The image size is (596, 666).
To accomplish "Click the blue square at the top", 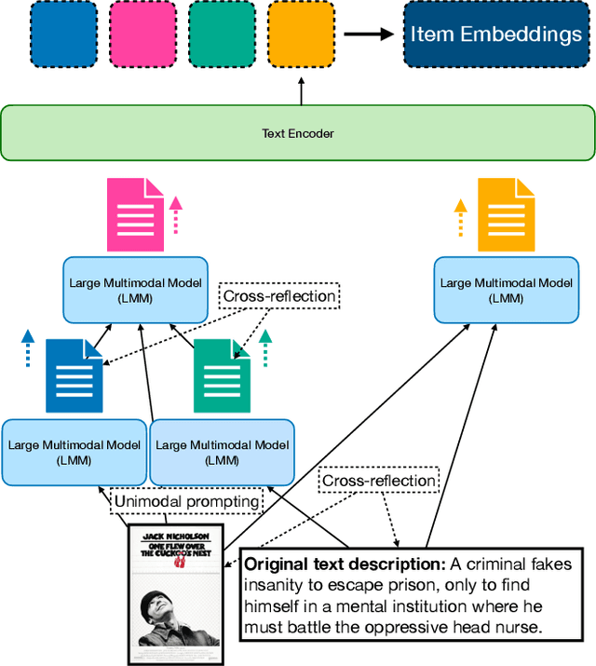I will tap(63, 34).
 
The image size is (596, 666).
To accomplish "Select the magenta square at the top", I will tap(142, 34).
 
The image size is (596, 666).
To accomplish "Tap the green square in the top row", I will tap(221, 34).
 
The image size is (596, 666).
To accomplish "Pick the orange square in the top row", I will tap(300, 34).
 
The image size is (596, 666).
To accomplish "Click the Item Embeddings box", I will tap(495, 34).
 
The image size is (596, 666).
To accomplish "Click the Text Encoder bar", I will tap(297, 133).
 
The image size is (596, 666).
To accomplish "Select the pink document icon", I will tap(136, 213).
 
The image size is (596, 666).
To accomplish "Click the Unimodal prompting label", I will tap(186, 501).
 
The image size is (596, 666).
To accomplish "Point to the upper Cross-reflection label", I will tap(278, 296).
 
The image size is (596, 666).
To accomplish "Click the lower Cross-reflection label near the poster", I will tap(378, 481).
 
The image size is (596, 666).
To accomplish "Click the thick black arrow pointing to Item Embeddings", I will tap(368, 34).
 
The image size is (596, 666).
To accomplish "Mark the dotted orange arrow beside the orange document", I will tap(458, 219).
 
